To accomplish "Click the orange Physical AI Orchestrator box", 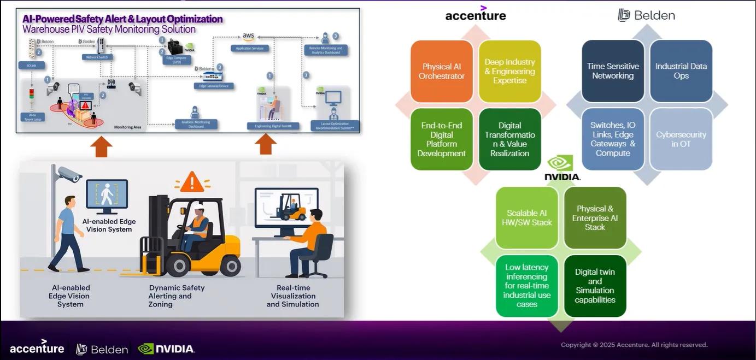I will [x=442, y=71].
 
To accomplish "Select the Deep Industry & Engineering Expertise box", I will [x=509, y=71].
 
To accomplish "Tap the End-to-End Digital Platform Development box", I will [x=442, y=139].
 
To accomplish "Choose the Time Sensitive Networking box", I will [x=613, y=71].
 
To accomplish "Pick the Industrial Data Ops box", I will [x=681, y=71].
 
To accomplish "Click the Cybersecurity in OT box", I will [x=681, y=139].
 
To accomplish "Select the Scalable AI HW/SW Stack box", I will [x=527, y=218].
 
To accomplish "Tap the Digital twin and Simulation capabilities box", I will [x=595, y=286].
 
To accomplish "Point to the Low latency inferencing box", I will [x=527, y=286].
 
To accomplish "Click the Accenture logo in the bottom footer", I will [x=37, y=347].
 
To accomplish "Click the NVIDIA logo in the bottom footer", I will [x=166, y=349].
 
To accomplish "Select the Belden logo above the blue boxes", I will [x=647, y=15].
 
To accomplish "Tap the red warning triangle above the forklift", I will [x=192, y=182].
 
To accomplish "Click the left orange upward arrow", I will [x=101, y=146].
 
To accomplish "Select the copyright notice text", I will [x=634, y=345].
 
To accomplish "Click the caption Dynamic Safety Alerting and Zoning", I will [x=177, y=296].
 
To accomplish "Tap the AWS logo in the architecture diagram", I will [x=249, y=37].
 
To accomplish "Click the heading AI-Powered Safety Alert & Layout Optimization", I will [x=122, y=19].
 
